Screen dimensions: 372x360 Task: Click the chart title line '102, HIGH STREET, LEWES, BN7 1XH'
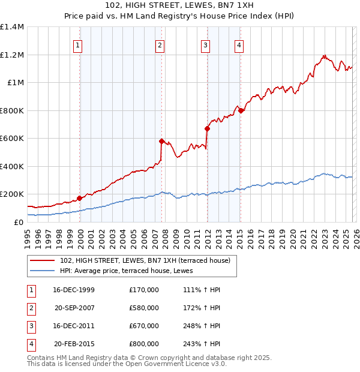(x=179, y=5)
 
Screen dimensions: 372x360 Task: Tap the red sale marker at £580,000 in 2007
(x=161, y=142)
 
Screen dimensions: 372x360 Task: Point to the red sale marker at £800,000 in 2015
(x=240, y=110)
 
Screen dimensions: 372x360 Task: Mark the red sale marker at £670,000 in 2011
(x=207, y=128)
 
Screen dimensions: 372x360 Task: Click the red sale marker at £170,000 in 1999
(x=79, y=198)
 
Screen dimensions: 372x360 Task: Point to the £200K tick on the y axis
(x=11, y=194)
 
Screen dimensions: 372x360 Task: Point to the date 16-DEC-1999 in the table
(x=73, y=290)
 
